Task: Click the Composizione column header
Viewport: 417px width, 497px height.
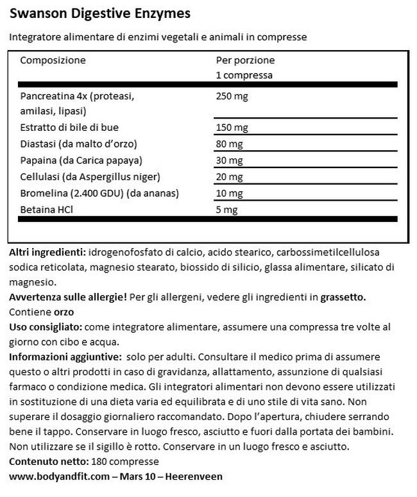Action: click(53, 60)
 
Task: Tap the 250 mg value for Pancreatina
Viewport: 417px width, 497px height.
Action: click(233, 97)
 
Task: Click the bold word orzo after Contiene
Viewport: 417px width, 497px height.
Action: click(64, 312)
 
